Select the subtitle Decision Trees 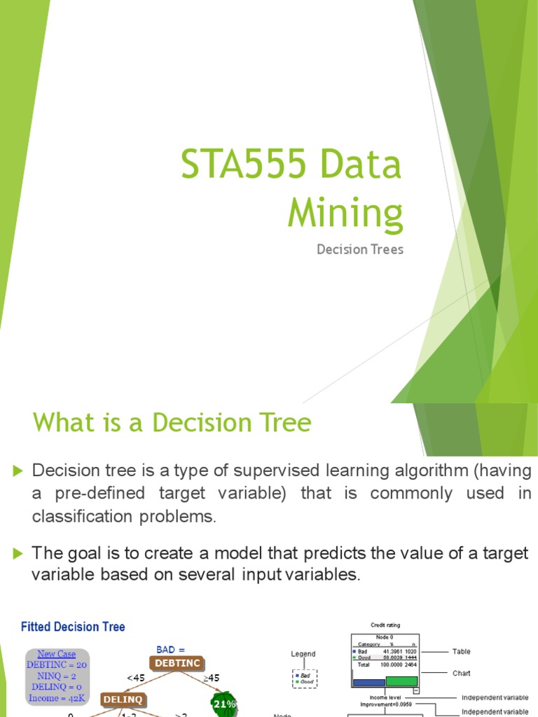360,249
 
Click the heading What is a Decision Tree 172,422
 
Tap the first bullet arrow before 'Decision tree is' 18,470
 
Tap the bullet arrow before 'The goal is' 18,553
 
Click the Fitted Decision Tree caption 73,627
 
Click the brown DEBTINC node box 177,663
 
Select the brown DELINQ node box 123,699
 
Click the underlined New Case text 57,654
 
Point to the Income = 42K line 57,698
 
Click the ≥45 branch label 212,678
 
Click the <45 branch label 135,678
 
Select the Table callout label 462,651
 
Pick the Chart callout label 462,673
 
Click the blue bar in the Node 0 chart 368,682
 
